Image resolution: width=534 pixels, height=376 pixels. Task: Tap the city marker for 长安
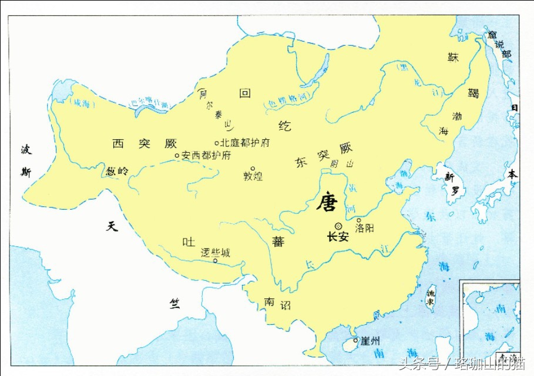click(x=338, y=226)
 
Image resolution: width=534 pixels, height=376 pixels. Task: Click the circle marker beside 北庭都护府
click(x=217, y=143)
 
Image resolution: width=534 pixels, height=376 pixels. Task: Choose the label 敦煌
click(x=253, y=176)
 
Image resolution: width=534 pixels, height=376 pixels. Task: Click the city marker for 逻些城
click(x=216, y=261)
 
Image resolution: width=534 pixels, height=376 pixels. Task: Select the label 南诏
click(x=277, y=303)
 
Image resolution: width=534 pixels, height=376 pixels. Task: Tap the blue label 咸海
click(x=80, y=103)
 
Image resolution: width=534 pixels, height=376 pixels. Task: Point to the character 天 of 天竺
click(x=112, y=226)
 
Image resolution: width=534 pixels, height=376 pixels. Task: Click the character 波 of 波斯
click(x=26, y=150)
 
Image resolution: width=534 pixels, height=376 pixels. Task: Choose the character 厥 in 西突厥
click(x=171, y=143)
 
